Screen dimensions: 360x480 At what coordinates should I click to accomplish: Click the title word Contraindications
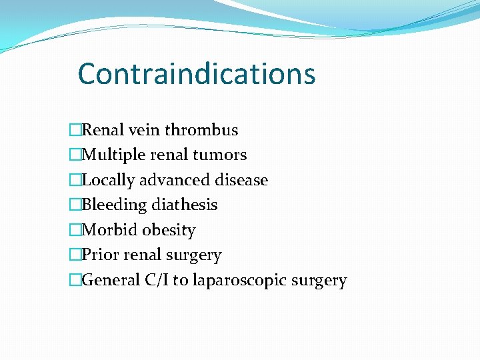197,73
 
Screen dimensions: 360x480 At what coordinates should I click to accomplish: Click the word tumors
221,155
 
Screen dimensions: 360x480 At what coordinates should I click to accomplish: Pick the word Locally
109,180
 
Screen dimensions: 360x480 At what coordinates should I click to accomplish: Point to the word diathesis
185,205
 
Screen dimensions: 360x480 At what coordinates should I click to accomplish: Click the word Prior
99,255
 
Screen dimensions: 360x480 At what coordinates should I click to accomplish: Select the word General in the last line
110,280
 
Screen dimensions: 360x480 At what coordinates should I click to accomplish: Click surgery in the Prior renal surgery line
195,255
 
